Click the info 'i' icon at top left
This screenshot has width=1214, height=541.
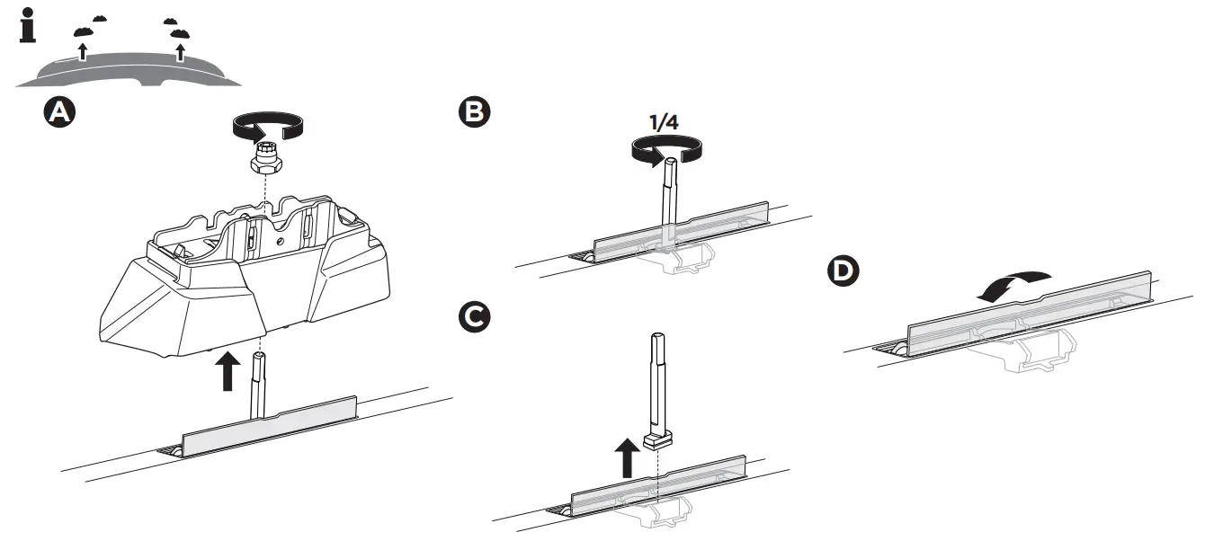tap(29, 27)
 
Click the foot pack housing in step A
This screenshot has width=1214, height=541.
tap(243, 279)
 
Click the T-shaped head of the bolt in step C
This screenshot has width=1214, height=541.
tap(658, 439)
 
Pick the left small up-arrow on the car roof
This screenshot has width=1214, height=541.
tap(83, 50)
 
